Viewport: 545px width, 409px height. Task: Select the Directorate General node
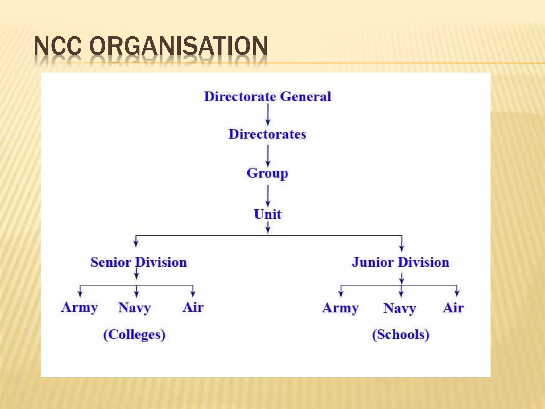coord(267,96)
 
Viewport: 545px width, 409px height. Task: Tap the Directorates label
coord(267,134)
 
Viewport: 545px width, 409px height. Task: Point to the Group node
coord(267,173)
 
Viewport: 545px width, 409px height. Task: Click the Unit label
coord(267,214)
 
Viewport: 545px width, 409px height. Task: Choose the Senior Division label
coord(139,262)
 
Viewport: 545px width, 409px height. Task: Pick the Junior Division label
coord(401,262)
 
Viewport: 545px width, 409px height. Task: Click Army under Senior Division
coord(79,308)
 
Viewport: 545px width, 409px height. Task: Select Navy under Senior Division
coord(135,308)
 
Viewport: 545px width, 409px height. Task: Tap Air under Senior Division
coord(193,307)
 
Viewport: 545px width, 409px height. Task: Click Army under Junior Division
coord(340,308)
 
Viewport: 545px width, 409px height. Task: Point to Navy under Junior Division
coord(400,309)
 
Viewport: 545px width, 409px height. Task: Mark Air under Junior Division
coord(453,308)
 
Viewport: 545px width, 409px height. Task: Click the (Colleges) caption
coord(134,335)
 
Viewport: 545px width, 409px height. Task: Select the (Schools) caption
coord(401,335)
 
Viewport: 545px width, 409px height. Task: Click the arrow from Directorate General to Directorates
coord(268,114)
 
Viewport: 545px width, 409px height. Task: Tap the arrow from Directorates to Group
coord(268,156)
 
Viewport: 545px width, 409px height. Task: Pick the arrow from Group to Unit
coord(268,196)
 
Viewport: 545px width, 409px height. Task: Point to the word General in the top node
coord(306,96)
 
